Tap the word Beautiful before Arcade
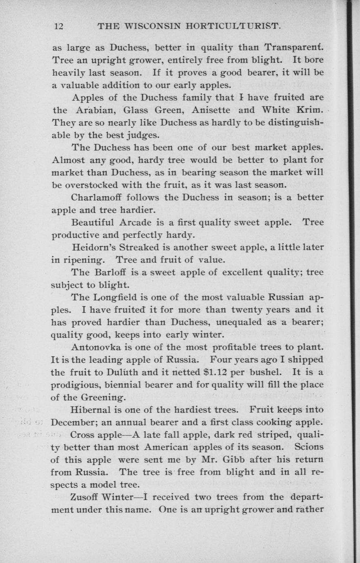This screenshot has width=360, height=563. (93, 223)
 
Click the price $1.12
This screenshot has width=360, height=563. (219, 372)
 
